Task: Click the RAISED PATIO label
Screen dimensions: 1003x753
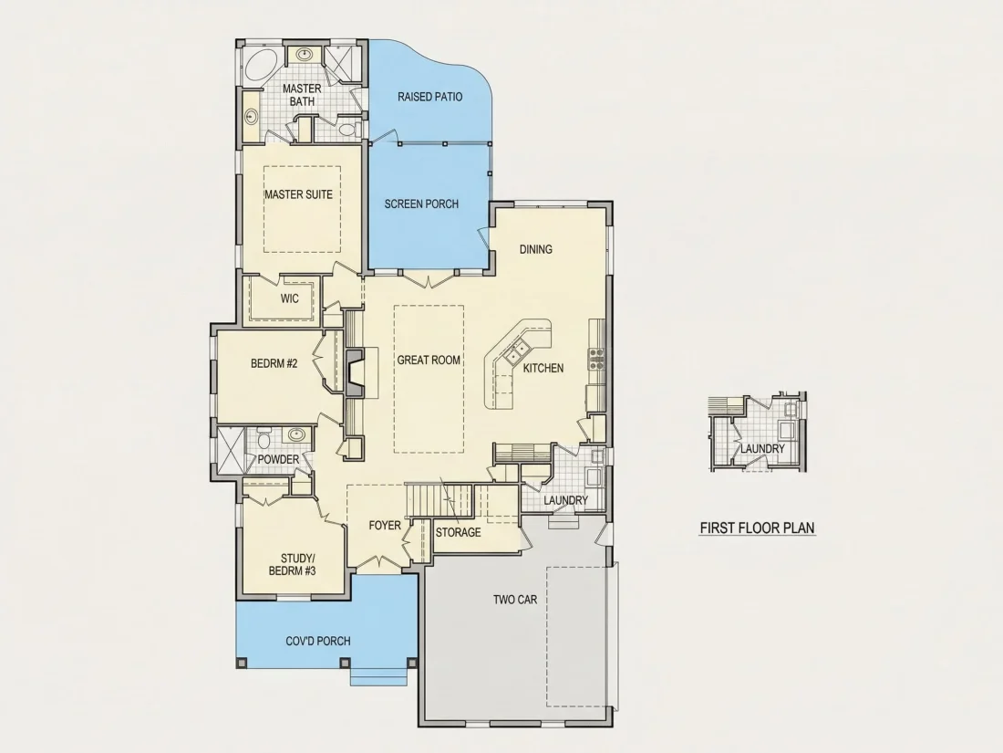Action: click(x=429, y=97)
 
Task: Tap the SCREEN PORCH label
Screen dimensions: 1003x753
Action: click(x=421, y=204)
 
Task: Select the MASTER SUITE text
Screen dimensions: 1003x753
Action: click(x=299, y=194)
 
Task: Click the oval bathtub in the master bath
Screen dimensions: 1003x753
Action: click(x=260, y=66)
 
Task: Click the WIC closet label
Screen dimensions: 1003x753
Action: click(x=289, y=298)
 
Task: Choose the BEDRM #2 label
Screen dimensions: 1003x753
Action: click(x=274, y=363)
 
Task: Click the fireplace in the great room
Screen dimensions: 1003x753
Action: click(x=354, y=371)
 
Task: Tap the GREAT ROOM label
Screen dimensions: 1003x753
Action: click(x=429, y=360)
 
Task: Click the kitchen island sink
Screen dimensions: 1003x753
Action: click(x=517, y=351)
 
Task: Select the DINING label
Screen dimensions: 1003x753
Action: click(x=535, y=249)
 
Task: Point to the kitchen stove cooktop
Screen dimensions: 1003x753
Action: click(x=597, y=360)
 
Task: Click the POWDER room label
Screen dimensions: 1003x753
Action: click(x=278, y=460)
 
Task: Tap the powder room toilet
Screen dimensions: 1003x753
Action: click(x=264, y=439)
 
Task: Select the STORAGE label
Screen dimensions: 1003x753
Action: click(x=458, y=532)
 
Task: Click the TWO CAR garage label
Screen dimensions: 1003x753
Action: click(x=515, y=600)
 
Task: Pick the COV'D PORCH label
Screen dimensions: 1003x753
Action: click(x=318, y=641)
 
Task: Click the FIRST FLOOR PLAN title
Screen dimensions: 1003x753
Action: click(x=758, y=528)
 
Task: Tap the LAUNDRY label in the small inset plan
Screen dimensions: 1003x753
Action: click(x=762, y=449)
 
